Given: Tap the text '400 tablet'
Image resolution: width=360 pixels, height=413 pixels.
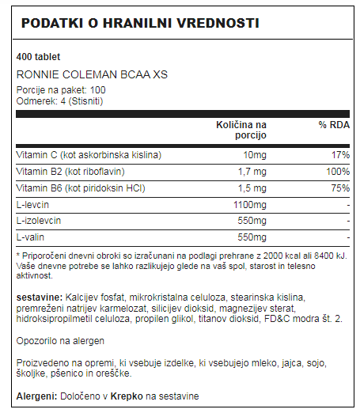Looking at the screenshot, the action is coord(39,58).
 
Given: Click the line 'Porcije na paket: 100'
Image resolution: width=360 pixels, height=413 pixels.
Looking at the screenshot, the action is coord(61,89).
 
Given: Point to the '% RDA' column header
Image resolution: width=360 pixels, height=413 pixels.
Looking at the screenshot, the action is coord(334,126).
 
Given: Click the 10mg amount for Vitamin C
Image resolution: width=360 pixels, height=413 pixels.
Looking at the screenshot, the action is coord(255,153).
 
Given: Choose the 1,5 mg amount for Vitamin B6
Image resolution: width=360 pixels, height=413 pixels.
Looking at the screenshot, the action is coord(252,188).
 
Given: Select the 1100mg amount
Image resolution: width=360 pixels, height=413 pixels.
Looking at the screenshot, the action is coord(252,205).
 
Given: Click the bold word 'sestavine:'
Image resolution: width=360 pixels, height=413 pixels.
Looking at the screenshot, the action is coord(40,297).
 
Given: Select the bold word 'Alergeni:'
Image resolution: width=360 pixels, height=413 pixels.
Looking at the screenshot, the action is coord(36,395).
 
